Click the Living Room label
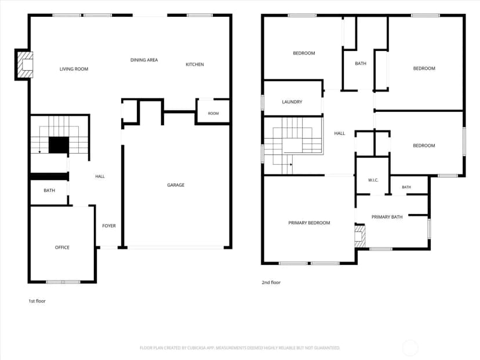[74, 69]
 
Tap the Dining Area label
[144, 60]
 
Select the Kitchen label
[195, 64]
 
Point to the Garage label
[176, 185]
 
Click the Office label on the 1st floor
[62, 248]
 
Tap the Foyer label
[109, 226]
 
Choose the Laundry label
[292, 101]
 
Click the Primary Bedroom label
[309, 223]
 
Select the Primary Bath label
[387, 217]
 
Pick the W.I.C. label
[373, 180]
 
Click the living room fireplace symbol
[25, 64]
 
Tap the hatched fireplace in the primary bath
[360, 237]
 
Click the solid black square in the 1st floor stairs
[59, 145]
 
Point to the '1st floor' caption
[37, 301]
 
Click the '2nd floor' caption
[271, 282]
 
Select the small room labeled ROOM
[213, 113]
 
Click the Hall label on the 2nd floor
[340, 133]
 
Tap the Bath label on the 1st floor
[49, 190]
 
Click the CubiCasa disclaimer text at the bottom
[239, 348]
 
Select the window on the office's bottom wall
[63, 282]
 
